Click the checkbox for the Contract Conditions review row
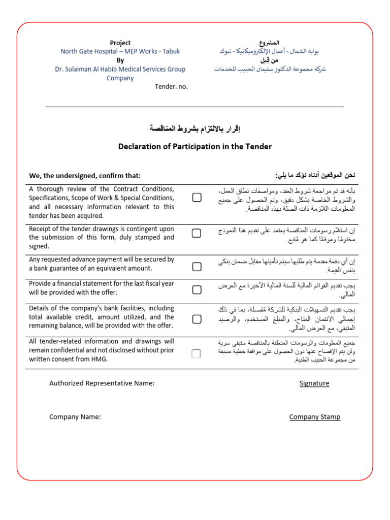click(197, 198)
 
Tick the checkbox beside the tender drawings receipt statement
click(197, 233)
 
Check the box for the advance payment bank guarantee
click(197, 266)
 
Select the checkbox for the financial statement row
click(197, 289)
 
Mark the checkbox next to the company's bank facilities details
click(197, 319)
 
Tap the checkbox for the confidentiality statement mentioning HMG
click(197, 353)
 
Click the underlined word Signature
click(314, 383)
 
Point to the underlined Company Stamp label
click(314, 417)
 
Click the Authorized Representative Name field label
click(102, 383)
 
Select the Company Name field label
click(75, 417)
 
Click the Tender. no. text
click(171, 86)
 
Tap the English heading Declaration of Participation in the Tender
click(195, 147)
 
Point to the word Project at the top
click(120, 43)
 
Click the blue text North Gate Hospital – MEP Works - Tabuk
click(120, 52)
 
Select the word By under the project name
click(120, 60)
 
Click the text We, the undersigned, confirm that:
click(85, 176)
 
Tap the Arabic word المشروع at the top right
click(270, 43)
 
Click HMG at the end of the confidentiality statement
click(101, 360)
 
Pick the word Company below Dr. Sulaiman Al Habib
click(120, 78)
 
